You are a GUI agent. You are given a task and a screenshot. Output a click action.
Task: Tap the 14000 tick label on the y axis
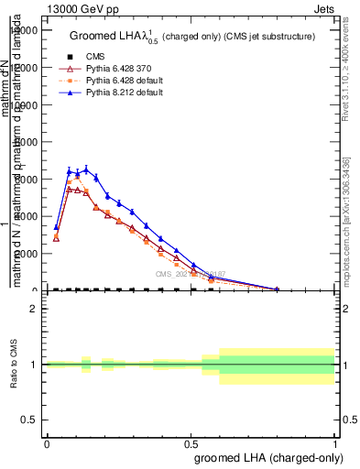pyautogui.click(x=23, y=30)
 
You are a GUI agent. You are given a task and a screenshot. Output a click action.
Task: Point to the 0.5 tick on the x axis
pyautogui.click(x=191, y=443)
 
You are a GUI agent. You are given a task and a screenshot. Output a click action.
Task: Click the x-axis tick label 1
pyautogui.click(x=334, y=443)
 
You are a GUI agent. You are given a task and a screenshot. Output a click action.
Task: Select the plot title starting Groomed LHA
pyautogui.click(x=192, y=37)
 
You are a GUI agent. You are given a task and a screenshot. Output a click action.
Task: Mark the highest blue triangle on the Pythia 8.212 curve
pyautogui.click(x=86, y=169)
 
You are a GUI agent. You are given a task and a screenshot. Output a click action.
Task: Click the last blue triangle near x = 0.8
pyautogui.click(x=277, y=289)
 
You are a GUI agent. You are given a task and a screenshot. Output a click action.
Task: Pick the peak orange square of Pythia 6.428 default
pyautogui.click(x=77, y=178)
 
